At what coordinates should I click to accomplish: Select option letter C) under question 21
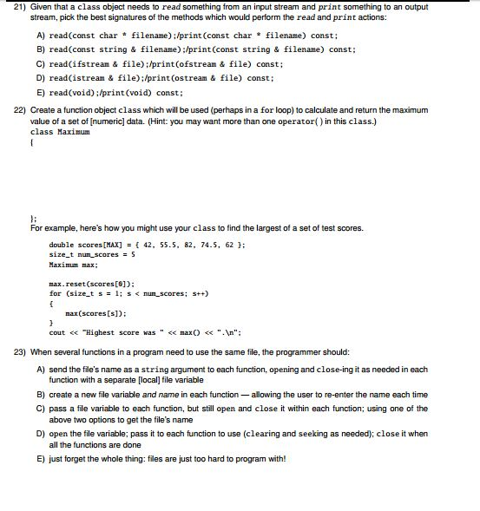(40, 64)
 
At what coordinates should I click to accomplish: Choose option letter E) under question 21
(40, 91)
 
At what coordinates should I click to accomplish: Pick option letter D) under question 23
(40, 432)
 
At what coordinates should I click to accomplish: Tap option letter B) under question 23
(40, 394)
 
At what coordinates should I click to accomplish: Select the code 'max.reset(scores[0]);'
(89, 284)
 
